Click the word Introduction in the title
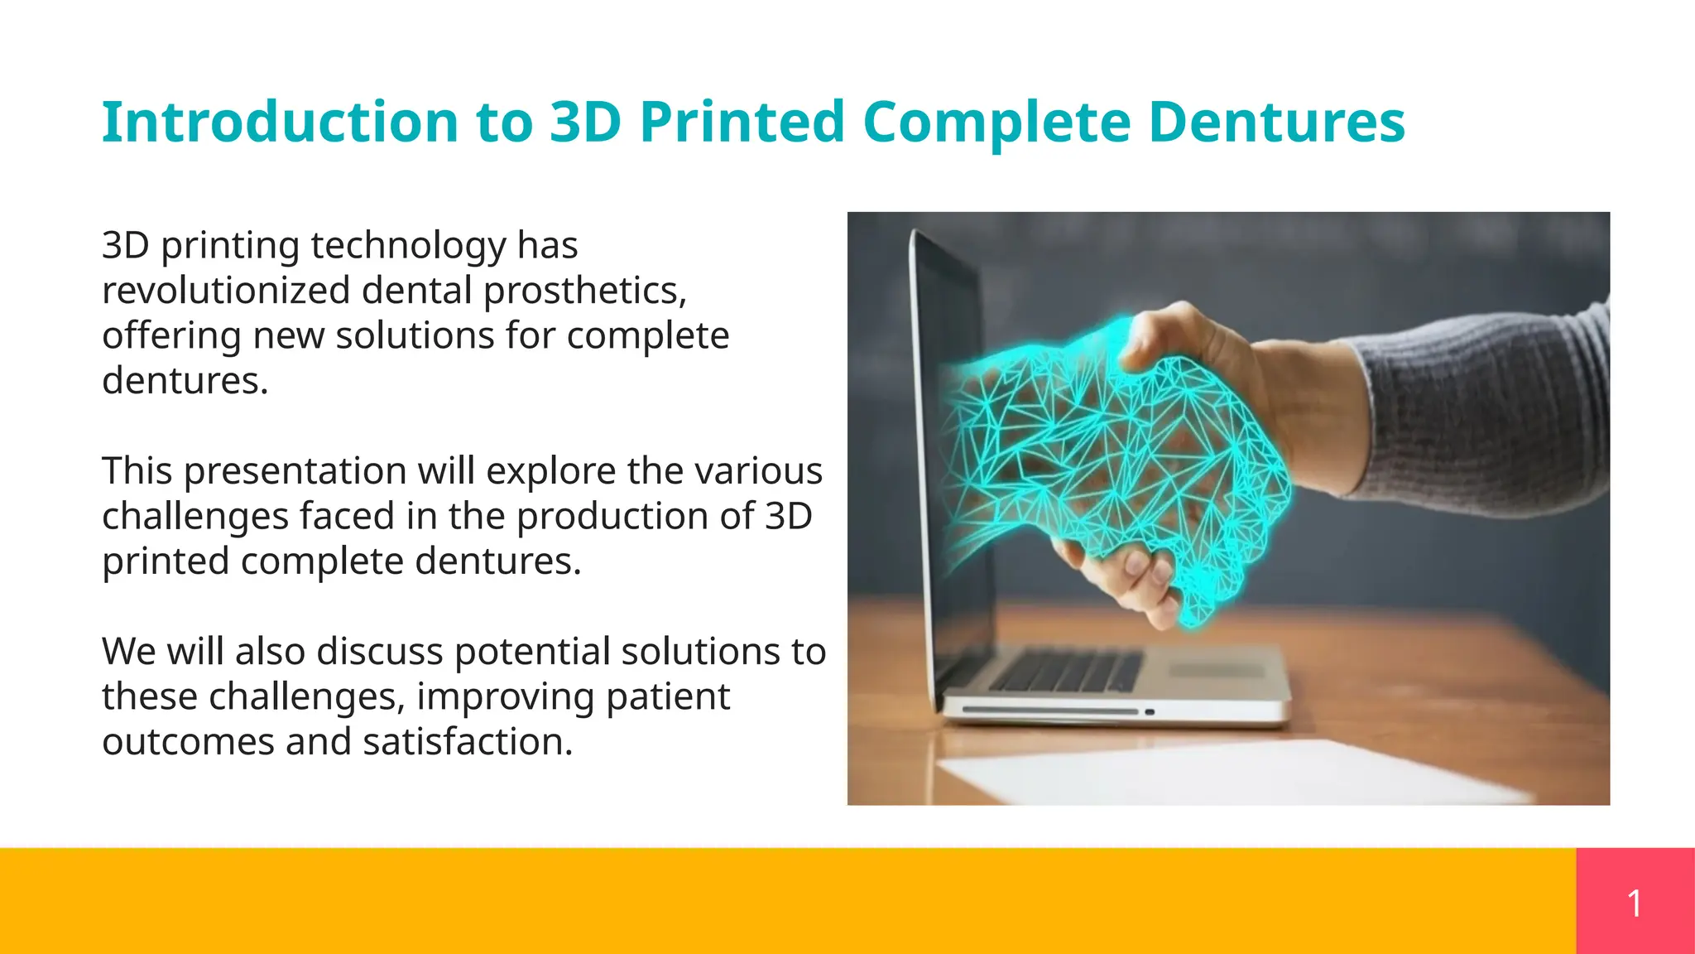tap(280, 122)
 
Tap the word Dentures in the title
tap(1276, 122)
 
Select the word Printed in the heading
tap(741, 122)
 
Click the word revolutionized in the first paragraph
tap(226, 291)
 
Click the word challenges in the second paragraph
tap(195, 516)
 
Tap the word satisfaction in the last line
tap(468, 741)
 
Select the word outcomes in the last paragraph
tap(188, 741)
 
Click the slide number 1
tap(1635, 902)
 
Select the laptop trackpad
tap(1217, 669)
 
